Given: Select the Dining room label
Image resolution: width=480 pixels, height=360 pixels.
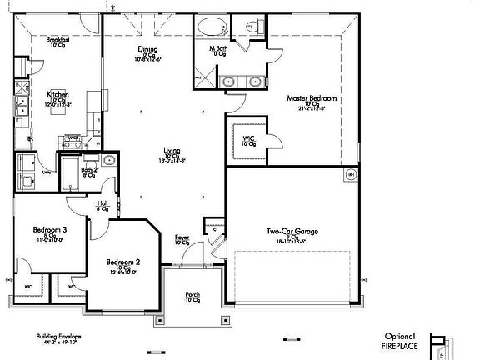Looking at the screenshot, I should point(147,49).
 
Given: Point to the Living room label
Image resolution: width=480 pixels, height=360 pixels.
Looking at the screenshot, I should point(172,150).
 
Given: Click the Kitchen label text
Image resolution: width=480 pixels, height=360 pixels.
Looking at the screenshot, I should point(57,94).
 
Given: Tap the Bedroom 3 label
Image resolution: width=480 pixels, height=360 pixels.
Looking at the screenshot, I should point(50,229).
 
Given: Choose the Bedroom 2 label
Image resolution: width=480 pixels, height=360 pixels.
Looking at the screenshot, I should point(122,262).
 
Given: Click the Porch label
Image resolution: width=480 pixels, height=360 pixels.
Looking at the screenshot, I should point(192,293).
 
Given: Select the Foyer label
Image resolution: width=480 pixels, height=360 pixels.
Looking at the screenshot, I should point(182,237).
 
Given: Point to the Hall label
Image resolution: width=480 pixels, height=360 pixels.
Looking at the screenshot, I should point(102,202).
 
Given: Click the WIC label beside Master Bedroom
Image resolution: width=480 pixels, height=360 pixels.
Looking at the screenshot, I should point(247,138).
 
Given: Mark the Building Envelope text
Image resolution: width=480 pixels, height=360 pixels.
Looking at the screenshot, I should point(57,337).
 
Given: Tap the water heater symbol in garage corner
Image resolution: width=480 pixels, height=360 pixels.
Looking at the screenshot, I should point(351,174).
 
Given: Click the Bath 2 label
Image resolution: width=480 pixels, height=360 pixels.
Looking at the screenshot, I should point(89,170).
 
